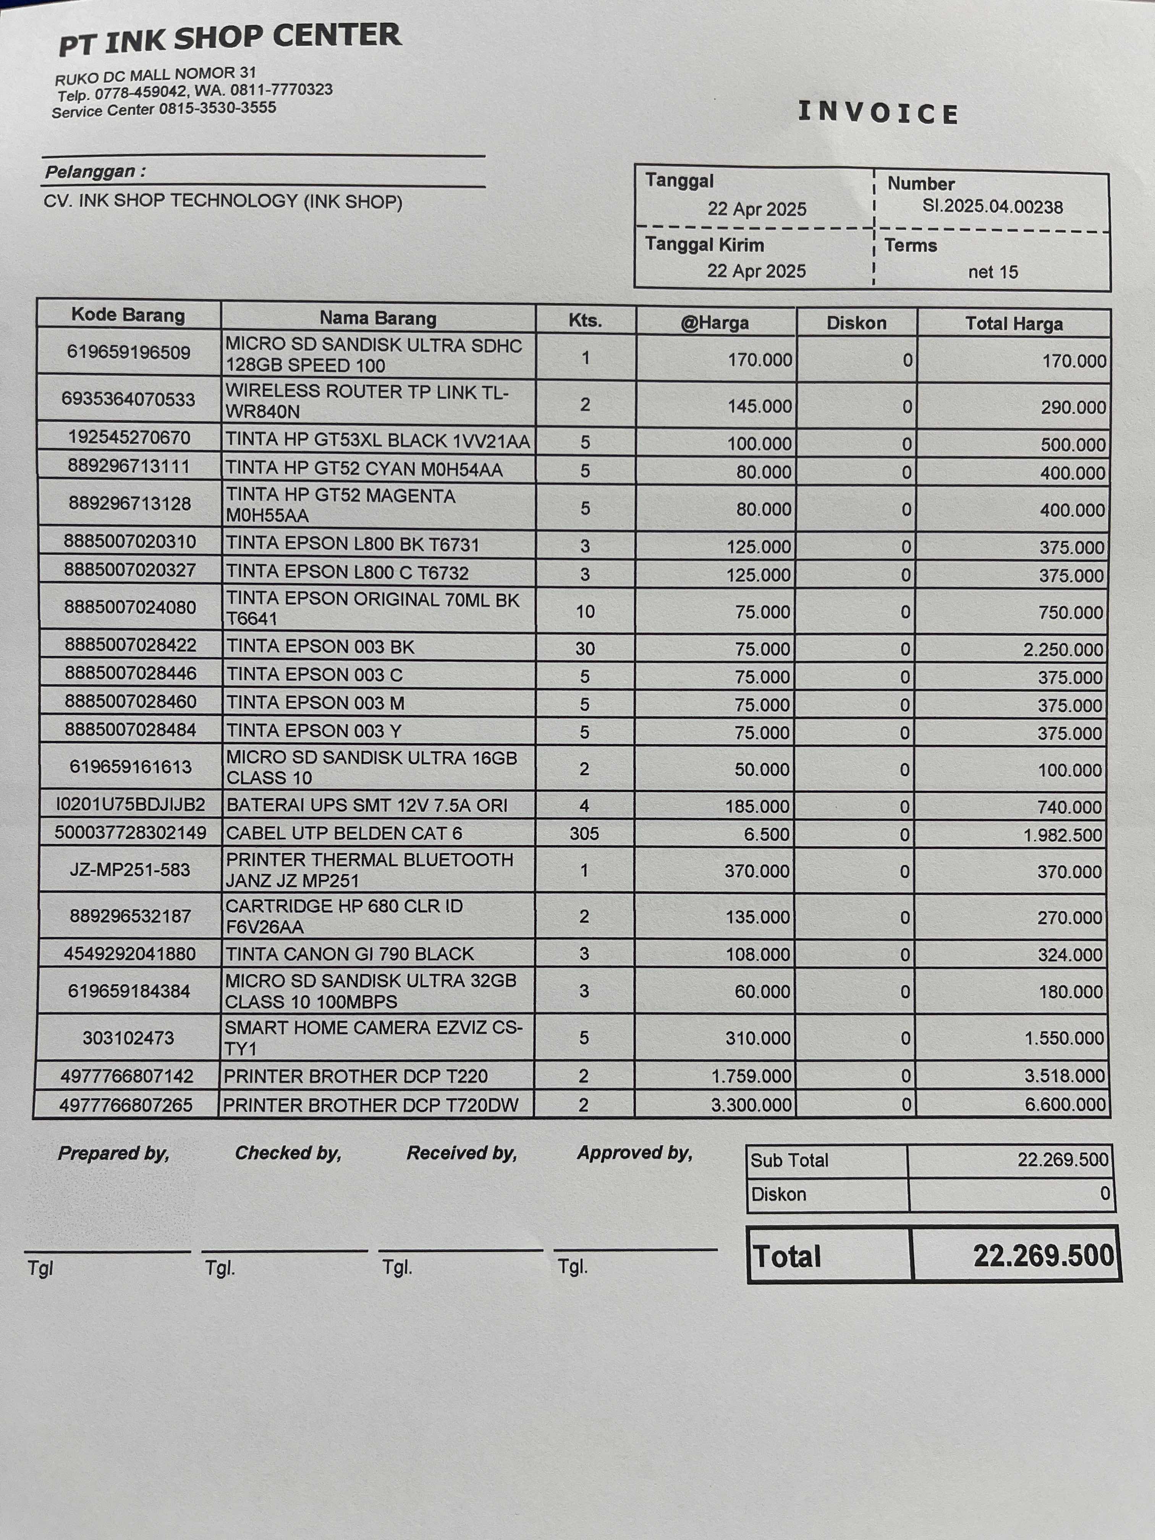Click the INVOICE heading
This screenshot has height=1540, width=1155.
click(x=878, y=113)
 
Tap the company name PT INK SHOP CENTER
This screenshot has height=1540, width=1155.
click(x=230, y=38)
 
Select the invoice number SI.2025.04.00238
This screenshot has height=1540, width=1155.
click(x=992, y=207)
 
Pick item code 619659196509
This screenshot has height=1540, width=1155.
click(x=129, y=352)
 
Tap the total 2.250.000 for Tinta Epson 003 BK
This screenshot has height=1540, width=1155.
click(x=1063, y=650)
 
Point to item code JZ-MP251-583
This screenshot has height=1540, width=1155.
click(x=129, y=870)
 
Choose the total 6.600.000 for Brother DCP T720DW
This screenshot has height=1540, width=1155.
click(x=1065, y=1105)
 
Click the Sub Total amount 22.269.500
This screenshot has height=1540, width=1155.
click(x=1063, y=1159)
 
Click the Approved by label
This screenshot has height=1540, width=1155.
click(x=634, y=1153)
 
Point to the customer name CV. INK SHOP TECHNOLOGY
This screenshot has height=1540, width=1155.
click(x=223, y=201)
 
